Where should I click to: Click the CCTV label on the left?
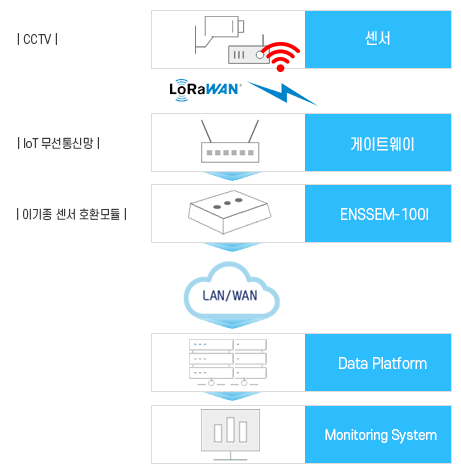[x=37, y=39]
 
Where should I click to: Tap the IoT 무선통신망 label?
[x=58, y=143]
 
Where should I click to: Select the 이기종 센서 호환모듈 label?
[x=72, y=214]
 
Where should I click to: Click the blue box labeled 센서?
[x=378, y=39]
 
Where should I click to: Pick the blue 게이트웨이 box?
[x=378, y=143]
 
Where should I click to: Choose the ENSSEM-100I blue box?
[x=378, y=214]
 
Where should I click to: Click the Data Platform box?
[x=378, y=363]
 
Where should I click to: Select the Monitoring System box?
[x=378, y=435]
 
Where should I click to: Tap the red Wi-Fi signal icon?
[x=281, y=57]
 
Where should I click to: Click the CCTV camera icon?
[x=220, y=34]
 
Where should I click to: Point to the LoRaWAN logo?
[x=205, y=89]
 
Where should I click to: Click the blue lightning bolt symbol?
[x=283, y=93]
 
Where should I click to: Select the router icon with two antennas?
[x=230, y=141]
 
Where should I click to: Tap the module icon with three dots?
[x=230, y=212]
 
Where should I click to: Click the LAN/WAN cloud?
[x=231, y=293]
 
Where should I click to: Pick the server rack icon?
[x=228, y=362]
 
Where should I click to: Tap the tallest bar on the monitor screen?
[x=230, y=430]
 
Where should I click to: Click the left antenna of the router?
[x=206, y=131]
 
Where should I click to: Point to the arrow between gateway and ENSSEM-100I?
[x=232, y=176]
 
